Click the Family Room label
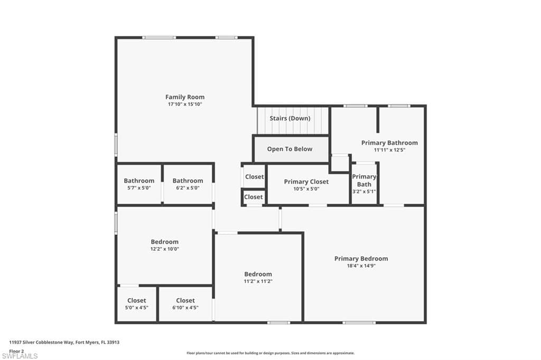click(x=184, y=97)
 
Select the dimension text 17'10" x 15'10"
click(x=184, y=104)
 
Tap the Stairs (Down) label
click(x=290, y=118)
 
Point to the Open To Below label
click(x=290, y=149)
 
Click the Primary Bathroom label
click(x=389, y=143)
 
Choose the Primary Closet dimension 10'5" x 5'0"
click(x=306, y=188)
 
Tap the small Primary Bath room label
click(x=364, y=181)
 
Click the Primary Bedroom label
click(x=361, y=259)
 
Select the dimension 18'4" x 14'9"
click(x=361, y=266)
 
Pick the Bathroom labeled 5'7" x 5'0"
click(x=139, y=181)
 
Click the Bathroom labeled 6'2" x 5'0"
click(x=188, y=181)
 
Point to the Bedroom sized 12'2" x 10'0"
click(x=165, y=242)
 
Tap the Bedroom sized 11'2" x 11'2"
click(x=258, y=274)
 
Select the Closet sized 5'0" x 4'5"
click(x=137, y=300)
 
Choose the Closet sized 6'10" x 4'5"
click(x=185, y=300)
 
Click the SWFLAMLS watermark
click(x=20, y=356)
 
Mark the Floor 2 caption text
click(x=16, y=351)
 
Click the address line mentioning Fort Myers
click(x=64, y=343)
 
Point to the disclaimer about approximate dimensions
click(x=270, y=353)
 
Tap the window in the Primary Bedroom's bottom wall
click(x=359, y=323)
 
